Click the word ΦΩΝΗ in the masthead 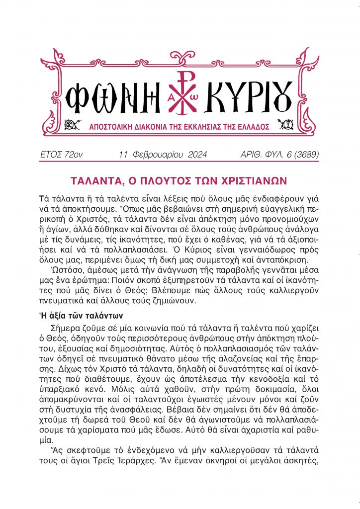107,96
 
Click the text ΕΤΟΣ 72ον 61,155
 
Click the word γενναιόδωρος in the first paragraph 270,248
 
